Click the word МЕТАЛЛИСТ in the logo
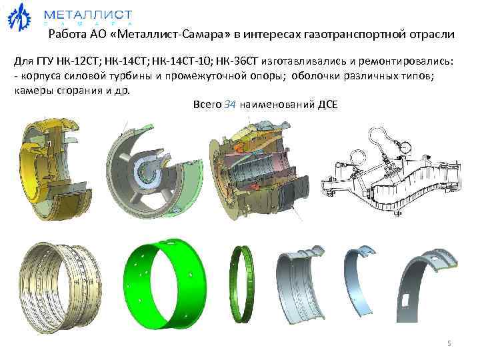[x=87, y=14]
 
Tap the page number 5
[x=449, y=343]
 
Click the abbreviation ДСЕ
[x=328, y=105]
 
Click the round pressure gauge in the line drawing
[x=406, y=142]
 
